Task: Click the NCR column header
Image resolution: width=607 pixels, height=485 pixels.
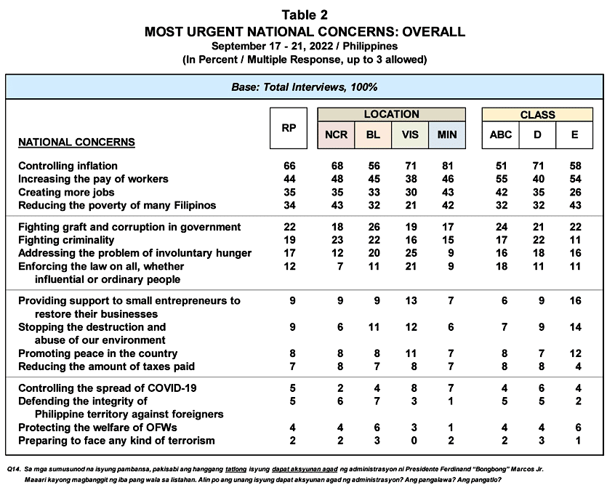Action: pos(336,135)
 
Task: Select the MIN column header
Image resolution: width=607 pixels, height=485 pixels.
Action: pos(447,135)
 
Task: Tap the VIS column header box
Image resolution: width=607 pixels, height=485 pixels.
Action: pos(410,135)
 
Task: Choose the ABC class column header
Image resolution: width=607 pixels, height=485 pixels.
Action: pos(501,135)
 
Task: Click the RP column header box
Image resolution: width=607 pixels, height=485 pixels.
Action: pos(289,128)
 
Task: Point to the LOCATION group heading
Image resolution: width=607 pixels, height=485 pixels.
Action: pos(391,114)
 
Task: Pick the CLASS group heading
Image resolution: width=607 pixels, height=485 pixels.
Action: pos(537,115)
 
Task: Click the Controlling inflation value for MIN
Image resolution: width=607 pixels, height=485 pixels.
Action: pos(447,167)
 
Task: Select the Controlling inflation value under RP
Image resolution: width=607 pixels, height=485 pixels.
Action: pos(289,167)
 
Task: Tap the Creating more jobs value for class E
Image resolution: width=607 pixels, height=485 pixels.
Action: pos(574,192)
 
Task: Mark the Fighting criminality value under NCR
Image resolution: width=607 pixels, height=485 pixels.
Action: pos(336,240)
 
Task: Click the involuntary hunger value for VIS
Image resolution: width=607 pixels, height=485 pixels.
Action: pos(410,253)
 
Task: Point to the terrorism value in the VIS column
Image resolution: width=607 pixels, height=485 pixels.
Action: pos(410,441)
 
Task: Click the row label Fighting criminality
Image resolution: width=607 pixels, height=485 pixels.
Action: pos(66,240)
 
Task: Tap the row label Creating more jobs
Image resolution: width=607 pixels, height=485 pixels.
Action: pos(67,192)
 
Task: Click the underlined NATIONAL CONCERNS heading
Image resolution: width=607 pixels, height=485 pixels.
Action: pos(76,142)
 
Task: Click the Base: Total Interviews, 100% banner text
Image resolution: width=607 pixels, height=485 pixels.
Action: pos(304,87)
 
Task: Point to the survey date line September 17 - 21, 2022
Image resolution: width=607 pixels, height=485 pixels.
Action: pos(304,46)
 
